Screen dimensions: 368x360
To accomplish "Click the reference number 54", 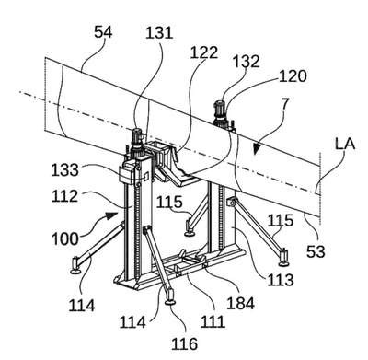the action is point(103,32).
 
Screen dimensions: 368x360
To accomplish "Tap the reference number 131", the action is point(159,32).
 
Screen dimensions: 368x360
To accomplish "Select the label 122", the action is point(204,52).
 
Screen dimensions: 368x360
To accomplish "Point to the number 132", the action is point(246,62).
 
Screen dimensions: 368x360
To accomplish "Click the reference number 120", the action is point(293,75).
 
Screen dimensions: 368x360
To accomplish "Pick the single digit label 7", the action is point(285,104).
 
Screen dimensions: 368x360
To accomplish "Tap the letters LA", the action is point(345,144).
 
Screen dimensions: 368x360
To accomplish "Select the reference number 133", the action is point(64,169).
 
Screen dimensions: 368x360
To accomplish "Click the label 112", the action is point(64,196).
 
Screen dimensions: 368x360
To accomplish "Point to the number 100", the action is point(65,238).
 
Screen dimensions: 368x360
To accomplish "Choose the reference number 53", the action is point(316,251).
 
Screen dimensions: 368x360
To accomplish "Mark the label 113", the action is point(281,279).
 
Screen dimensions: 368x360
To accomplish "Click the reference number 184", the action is point(240,303).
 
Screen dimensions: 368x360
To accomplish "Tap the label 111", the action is point(213,322).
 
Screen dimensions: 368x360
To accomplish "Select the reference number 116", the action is point(184,343).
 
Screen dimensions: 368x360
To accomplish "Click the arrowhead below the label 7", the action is point(256,149).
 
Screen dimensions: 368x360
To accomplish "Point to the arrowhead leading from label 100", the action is point(113,215).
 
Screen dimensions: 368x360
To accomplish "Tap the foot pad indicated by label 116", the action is point(170,303).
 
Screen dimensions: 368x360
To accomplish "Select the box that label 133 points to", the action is point(127,173).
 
